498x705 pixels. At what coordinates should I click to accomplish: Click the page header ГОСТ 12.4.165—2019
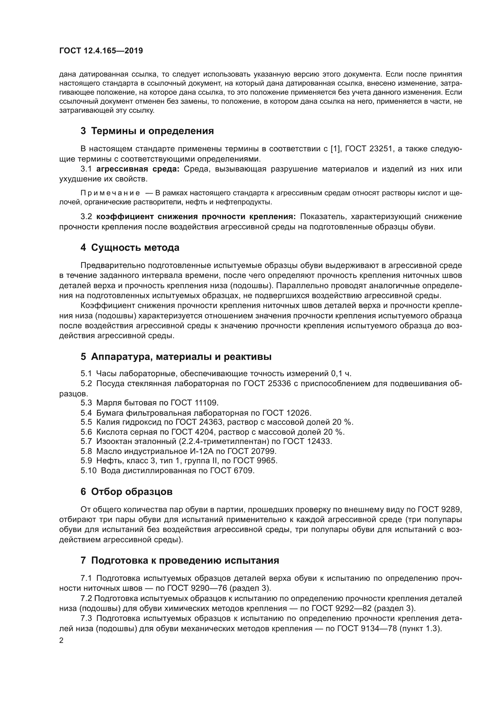tap(101, 51)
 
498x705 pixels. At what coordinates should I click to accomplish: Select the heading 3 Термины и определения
tap(147, 131)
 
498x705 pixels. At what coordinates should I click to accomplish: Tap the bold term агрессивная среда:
tap(138, 169)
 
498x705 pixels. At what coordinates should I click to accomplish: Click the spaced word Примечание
tap(110, 193)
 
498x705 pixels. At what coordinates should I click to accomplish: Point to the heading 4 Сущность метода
tap(130, 247)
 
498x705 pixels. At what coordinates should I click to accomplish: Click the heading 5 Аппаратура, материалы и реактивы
tap(176, 357)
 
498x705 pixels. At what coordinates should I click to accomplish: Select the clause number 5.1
tap(86, 374)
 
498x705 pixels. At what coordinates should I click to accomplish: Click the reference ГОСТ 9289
tap(439, 510)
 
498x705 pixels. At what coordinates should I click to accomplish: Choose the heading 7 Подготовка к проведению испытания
tap(180, 560)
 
